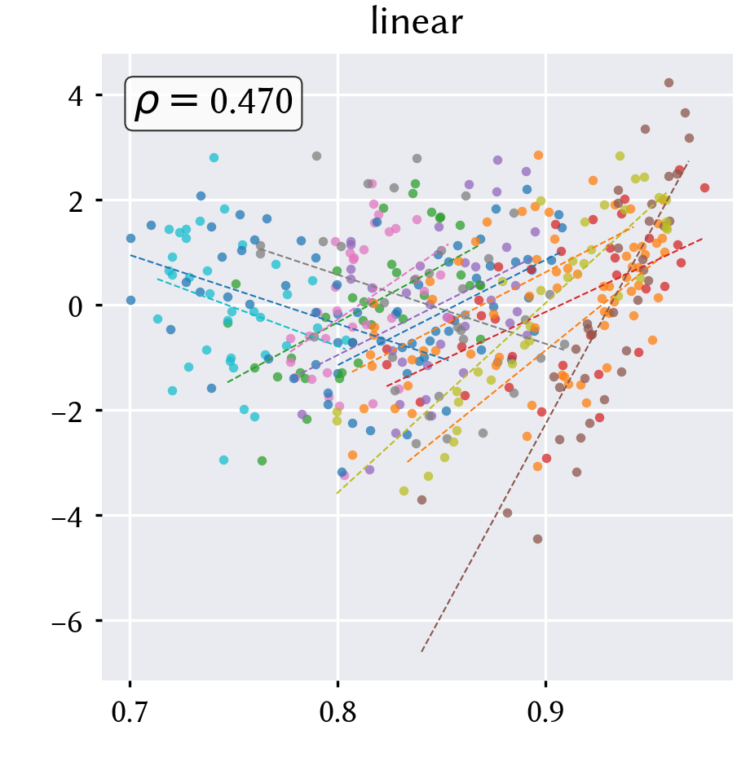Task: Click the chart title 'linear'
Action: point(417,22)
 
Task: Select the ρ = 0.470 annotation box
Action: point(214,103)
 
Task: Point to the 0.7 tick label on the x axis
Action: point(130,712)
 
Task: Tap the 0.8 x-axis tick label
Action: point(338,712)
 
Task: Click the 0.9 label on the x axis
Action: point(545,712)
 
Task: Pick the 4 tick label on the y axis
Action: point(76,95)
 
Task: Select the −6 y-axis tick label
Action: point(67,621)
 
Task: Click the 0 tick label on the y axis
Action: point(76,306)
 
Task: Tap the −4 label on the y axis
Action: point(67,516)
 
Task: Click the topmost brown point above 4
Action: point(669,82)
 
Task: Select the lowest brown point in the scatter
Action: point(538,539)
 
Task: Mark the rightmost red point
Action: point(704,187)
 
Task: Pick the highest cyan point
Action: point(214,158)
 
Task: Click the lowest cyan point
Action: point(224,460)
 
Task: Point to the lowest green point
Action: point(263,461)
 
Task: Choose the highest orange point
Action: point(538,156)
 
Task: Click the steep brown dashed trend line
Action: point(555,406)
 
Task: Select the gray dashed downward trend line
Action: point(411,298)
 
